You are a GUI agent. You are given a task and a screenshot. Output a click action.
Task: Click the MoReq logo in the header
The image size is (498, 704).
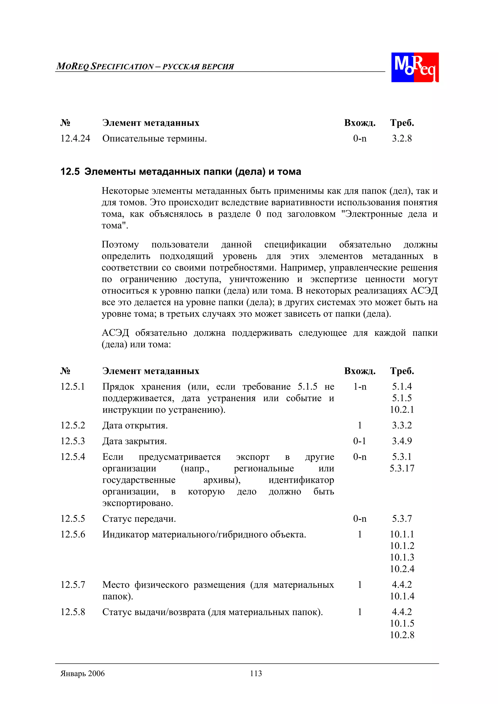click(415, 67)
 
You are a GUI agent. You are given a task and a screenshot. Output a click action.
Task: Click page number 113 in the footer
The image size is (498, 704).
click(256, 673)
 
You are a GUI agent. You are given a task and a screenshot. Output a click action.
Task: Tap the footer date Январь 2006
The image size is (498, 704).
click(82, 673)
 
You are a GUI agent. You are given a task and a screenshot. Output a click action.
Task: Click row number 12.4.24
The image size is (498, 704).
click(75, 139)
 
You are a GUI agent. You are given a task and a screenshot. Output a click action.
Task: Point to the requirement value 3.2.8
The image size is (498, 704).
click(402, 139)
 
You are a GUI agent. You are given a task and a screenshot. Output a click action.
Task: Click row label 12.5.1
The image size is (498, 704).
click(72, 387)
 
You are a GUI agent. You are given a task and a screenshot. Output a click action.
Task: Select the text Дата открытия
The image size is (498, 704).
click(135, 426)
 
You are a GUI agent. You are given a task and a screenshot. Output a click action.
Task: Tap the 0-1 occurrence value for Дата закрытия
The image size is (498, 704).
click(359, 441)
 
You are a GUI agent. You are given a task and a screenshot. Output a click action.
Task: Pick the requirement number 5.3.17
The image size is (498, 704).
click(402, 469)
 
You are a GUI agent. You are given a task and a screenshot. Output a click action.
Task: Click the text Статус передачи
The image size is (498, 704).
click(139, 519)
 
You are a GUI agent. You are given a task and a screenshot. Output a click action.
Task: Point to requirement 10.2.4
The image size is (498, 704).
click(402, 569)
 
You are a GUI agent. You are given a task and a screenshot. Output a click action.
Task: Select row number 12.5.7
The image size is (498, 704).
click(72, 585)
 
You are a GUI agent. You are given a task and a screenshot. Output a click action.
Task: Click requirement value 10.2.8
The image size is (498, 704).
click(402, 635)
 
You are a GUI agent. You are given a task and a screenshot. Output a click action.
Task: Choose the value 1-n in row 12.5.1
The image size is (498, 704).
click(360, 387)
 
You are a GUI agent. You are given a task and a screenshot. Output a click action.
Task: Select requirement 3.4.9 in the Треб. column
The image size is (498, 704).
click(402, 441)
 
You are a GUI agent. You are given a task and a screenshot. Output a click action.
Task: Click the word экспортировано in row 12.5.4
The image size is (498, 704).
click(137, 503)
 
